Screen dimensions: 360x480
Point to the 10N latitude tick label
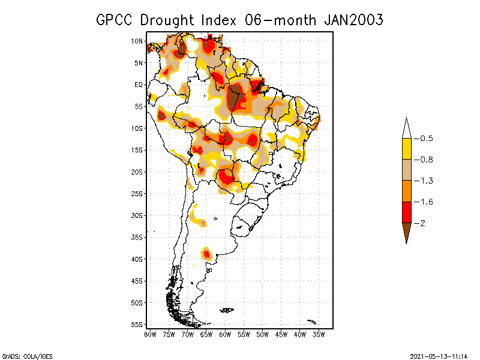[137, 41]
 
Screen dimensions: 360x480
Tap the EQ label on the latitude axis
[139, 85]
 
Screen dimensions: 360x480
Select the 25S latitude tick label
[137, 193]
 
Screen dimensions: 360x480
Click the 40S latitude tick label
[137, 259]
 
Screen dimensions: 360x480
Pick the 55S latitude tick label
[137, 324]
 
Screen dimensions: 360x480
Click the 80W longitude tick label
[150, 334]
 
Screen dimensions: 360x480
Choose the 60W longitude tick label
[225, 334]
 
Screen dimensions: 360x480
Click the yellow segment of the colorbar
[406, 149]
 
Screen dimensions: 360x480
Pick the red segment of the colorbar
[406, 212]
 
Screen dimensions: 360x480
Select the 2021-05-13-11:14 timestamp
[439, 356]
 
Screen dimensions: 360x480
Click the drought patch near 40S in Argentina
[206, 254]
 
